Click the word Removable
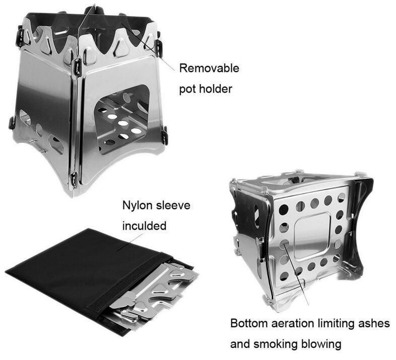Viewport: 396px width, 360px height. (209, 68)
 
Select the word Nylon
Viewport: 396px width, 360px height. (137, 205)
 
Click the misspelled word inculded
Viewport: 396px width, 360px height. (144, 226)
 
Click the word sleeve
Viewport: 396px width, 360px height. (173, 205)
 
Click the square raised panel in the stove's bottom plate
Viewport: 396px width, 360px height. (312, 236)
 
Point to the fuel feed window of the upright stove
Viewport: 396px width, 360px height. (122, 119)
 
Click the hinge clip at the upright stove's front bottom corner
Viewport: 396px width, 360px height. (73, 179)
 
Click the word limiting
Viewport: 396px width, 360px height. (336, 323)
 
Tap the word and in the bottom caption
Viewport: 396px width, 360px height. (240, 344)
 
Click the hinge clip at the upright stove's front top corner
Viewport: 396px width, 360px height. (76, 66)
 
